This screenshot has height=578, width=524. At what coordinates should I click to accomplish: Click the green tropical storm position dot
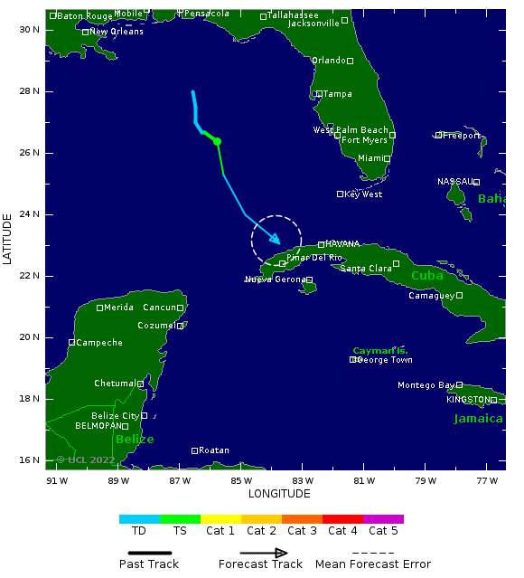tap(217, 141)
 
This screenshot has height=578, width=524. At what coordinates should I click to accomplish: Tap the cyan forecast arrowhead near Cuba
tap(275, 240)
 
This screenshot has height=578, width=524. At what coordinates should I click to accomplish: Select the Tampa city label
tap(337, 94)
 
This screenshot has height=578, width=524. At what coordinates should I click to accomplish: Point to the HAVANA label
tap(342, 244)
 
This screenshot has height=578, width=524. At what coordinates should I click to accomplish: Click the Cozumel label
tap(156, 326)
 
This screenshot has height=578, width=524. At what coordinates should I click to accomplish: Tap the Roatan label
tap(213, 450)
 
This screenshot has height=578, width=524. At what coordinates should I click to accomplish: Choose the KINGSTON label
tap(467, 400)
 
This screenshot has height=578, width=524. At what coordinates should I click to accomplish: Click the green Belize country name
tap(134, 440)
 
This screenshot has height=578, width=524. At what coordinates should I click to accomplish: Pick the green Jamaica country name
tap(478, 419)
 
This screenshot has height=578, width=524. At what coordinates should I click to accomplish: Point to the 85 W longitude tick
tap(241, 480)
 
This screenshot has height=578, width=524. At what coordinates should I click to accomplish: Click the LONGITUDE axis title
tap(279, 494)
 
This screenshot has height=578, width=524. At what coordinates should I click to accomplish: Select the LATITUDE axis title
tap(8, 239)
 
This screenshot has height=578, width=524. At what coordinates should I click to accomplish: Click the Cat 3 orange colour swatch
tap(302, 519)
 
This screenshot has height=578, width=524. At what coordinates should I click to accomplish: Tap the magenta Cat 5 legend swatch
tap(383, 519)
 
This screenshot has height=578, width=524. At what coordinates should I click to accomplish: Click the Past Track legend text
tap(149, 564)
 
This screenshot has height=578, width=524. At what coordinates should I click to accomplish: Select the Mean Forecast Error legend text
tap(373, 564)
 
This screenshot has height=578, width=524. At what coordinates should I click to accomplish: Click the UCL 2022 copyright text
tap(90, 460)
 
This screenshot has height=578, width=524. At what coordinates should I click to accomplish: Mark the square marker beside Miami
tap(387, 158)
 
